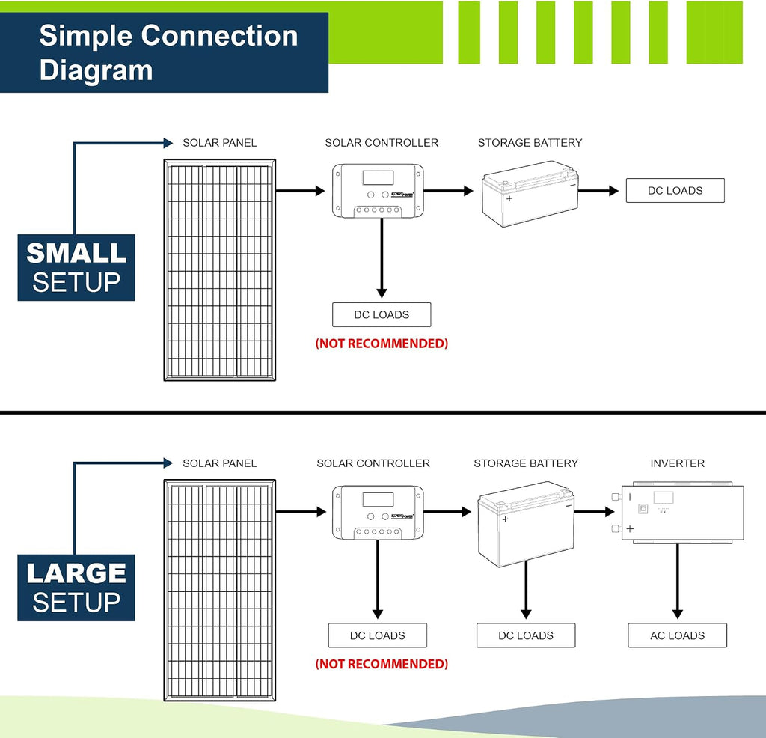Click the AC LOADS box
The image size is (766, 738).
coord(677,635)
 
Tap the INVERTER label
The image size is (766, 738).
coord(677,463)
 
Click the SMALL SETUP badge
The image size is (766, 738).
coord(76,267)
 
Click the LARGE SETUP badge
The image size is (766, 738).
coord(76,588)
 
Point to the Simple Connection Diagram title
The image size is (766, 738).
coord(168,52)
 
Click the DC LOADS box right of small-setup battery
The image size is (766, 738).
coord(675,191)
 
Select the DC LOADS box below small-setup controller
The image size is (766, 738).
coord(382,315)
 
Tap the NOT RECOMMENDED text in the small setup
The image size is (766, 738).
coord(382,344)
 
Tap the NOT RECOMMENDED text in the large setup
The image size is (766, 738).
coord(382,664)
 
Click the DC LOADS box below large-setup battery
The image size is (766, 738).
coord(526,635)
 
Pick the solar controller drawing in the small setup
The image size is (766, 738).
coord(378,191)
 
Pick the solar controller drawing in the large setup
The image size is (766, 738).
coord(378,513)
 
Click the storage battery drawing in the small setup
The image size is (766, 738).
coord(530,194)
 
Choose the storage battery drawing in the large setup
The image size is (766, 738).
coord(526,524)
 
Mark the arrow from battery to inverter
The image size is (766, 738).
coord(594,512)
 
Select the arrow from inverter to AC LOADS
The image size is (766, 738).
coord(677,582)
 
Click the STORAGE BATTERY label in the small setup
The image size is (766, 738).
coord(530,143)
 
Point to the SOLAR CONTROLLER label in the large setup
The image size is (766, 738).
coord(373,463)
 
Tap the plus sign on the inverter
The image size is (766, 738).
coord(630,529)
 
